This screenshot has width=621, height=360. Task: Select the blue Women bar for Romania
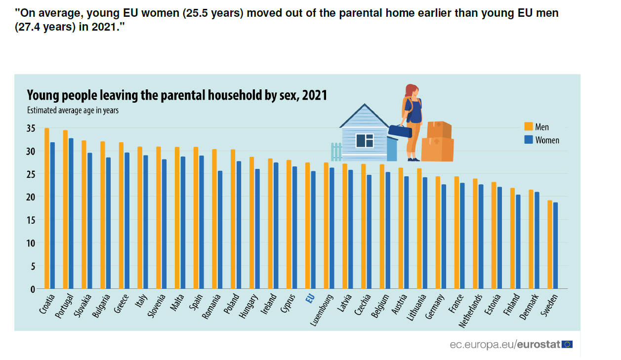click(220, 230)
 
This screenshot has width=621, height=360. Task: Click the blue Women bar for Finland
click(518, 241)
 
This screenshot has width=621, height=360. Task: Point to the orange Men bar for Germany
click(438, 233)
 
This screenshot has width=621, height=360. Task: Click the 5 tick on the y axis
click(33, 266)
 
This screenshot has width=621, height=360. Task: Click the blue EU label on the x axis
click(310, 299)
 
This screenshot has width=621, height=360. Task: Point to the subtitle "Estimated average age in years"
click(73, 111)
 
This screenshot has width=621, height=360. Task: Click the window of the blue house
click(365, 140)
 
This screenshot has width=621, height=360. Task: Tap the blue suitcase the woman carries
click(400, 131)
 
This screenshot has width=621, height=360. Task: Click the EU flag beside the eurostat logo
click(567, 344)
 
